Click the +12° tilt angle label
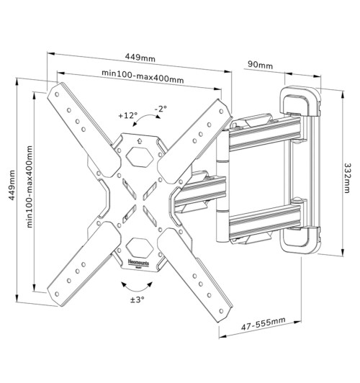127,115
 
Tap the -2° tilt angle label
160,108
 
